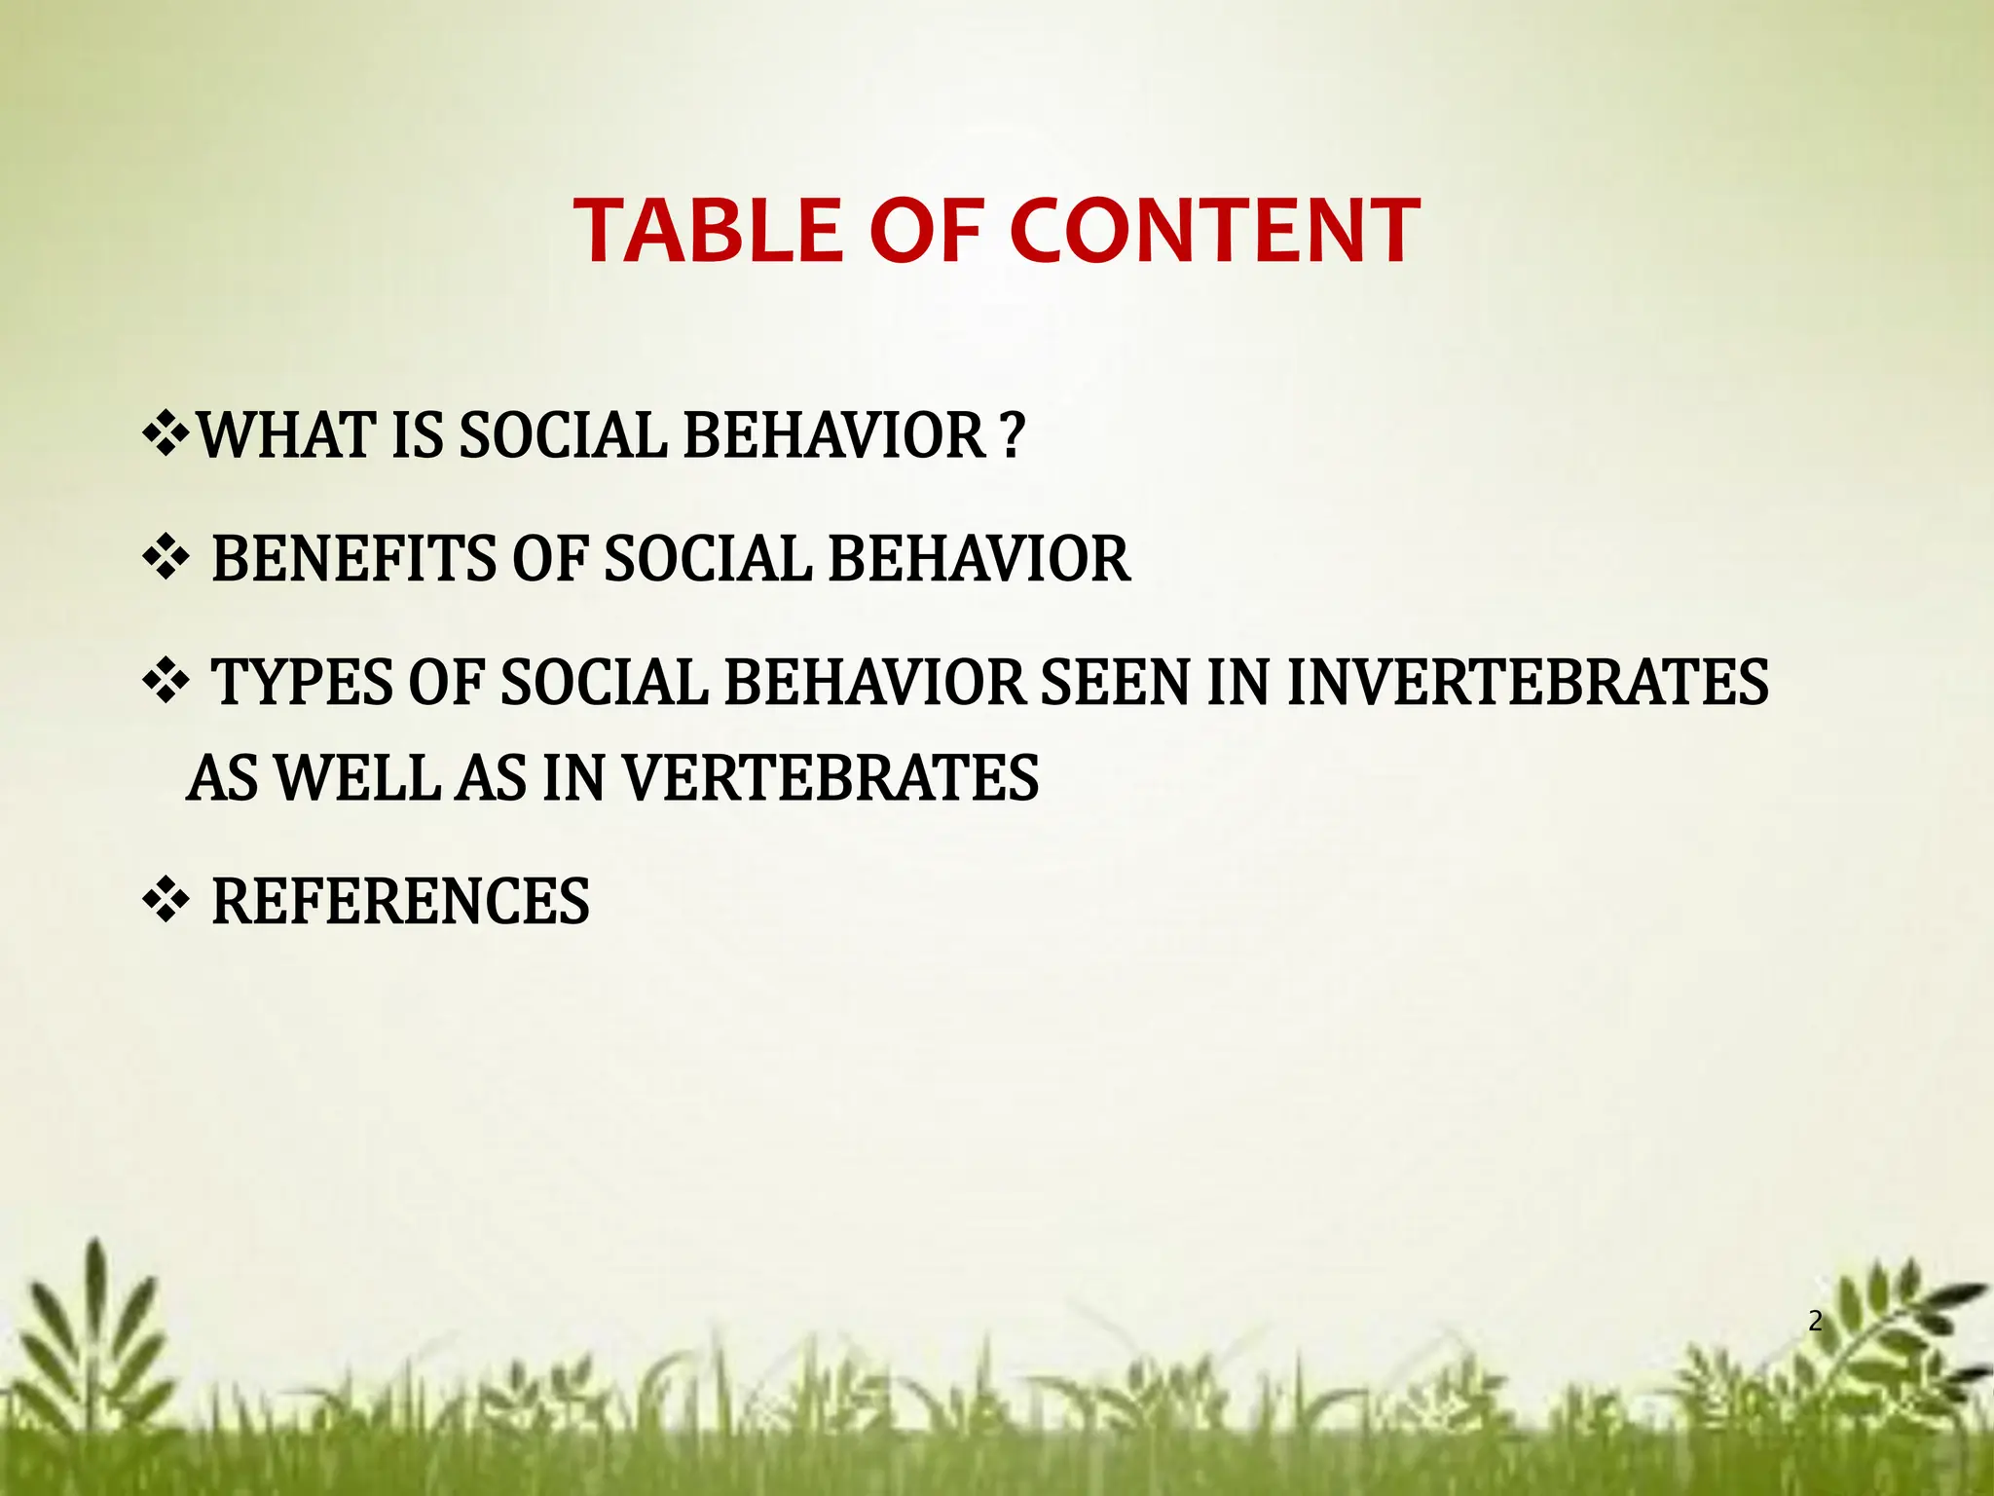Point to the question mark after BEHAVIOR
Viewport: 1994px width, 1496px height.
pos(1013,435)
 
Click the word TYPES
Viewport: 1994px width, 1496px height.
pos(301,682)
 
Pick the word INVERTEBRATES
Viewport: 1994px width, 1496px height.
pos(1527,682)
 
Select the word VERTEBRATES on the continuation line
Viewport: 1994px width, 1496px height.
pos(830,779)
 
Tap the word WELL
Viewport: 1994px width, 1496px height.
pos(358,779)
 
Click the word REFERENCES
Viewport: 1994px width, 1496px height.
pos(400,901)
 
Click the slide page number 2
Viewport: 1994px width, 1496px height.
pos(1815,1322)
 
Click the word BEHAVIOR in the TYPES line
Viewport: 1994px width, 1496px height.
pos(874,682)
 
